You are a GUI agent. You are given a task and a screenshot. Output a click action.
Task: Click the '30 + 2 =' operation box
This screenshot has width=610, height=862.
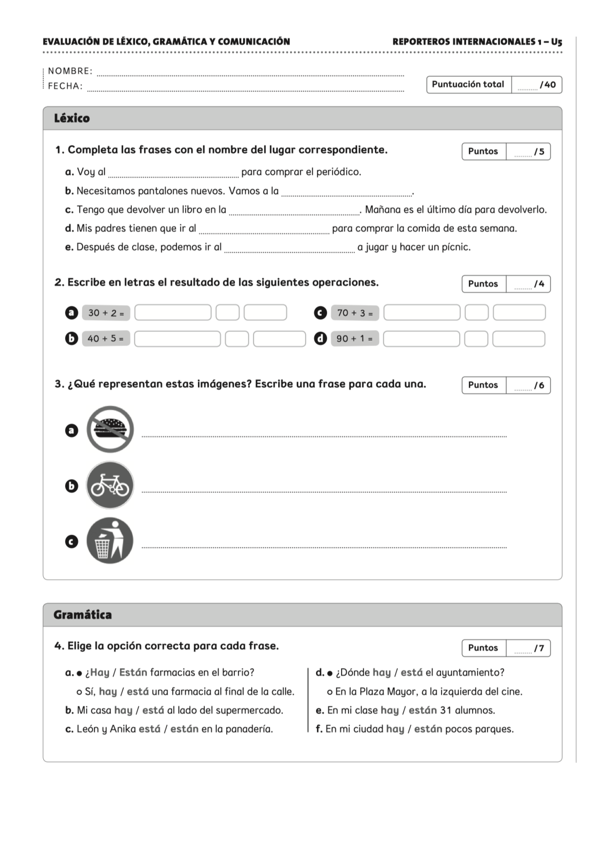106,313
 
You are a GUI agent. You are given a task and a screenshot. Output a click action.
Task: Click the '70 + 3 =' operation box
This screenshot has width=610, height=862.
355,313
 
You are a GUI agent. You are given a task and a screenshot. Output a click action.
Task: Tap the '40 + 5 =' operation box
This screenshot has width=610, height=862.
106,339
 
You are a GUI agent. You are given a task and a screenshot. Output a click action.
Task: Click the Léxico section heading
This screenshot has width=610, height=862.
72,118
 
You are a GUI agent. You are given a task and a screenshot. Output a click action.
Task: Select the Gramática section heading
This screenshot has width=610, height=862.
83,615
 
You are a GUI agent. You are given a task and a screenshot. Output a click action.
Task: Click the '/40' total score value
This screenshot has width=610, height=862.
547,85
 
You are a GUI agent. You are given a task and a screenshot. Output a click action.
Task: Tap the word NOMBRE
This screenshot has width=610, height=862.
70,71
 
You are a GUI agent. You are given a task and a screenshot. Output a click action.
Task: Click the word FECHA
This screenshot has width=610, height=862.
65,86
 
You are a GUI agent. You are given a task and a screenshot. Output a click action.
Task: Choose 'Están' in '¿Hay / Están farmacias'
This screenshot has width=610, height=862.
133,672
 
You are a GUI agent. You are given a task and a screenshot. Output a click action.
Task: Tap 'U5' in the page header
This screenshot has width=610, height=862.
556,42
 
